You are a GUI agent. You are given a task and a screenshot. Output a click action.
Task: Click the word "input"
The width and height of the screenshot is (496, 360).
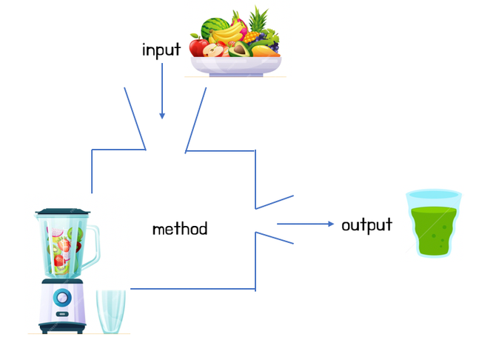[161, 50]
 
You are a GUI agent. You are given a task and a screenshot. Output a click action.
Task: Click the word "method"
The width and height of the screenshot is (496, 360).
[179, 228]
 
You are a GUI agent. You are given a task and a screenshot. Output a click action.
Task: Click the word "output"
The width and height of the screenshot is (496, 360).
[366, 224]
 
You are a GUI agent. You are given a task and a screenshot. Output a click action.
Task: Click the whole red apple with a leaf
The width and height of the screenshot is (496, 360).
[198, 47]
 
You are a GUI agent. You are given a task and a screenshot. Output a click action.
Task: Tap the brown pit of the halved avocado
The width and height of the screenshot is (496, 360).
[240, 50]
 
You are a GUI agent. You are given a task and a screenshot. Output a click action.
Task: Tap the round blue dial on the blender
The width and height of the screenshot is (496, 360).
[63, 298]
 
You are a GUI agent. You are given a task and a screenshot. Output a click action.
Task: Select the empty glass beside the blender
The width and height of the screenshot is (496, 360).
[111, 311]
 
